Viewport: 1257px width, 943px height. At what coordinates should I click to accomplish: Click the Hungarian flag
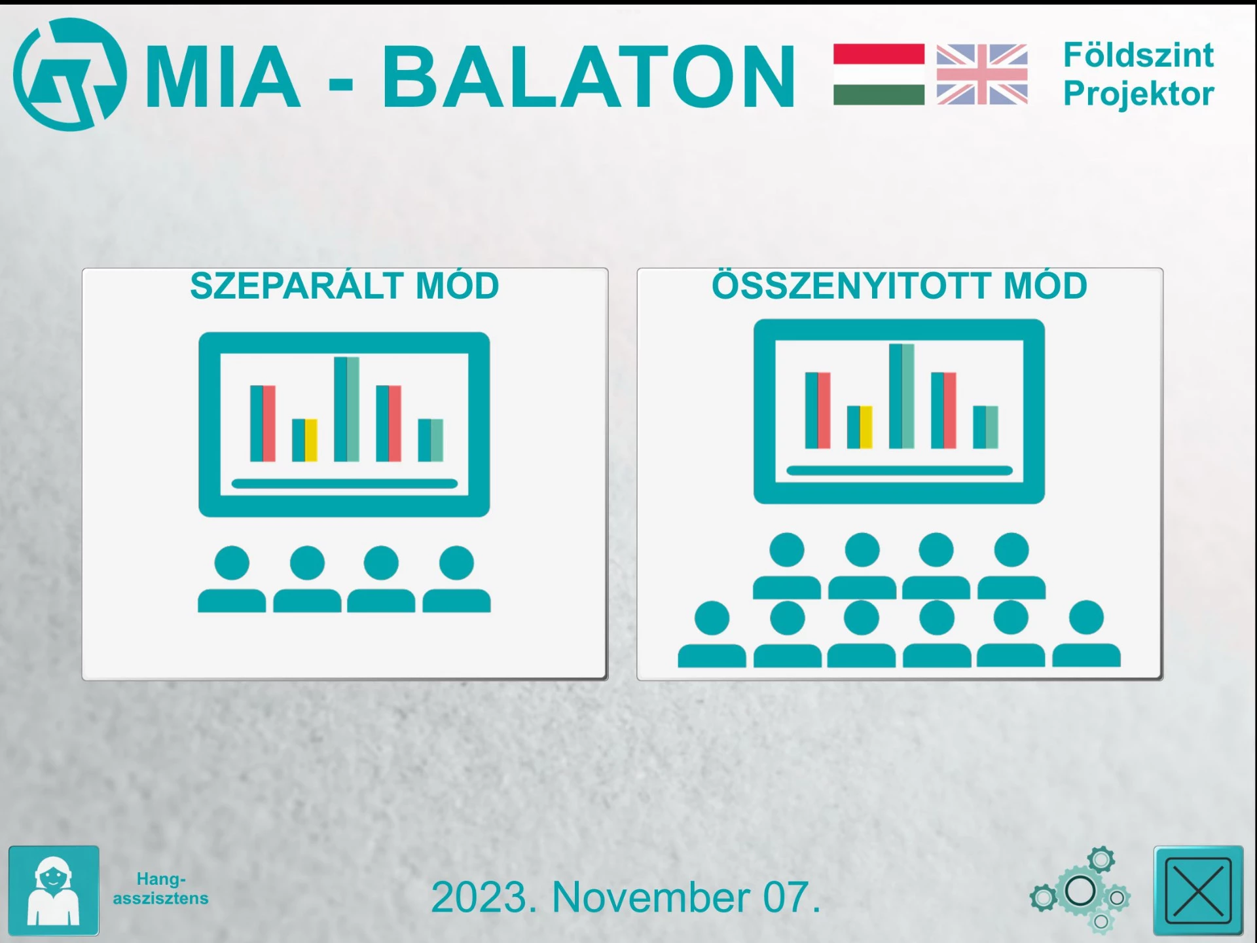pos(879,75)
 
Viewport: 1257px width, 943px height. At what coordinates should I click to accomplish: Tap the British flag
pos(982,75)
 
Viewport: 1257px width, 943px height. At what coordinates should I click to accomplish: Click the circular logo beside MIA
pos(70,74)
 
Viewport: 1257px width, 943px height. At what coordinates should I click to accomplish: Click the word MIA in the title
pos(223,76)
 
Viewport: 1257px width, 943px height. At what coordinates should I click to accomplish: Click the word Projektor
pos(1139,94)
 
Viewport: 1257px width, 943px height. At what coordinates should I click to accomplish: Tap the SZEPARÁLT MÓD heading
pos(344,286)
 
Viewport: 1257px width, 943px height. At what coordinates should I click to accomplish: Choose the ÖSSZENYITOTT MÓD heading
pos(900,286)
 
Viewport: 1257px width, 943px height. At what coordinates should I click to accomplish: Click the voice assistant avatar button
pos(54,891)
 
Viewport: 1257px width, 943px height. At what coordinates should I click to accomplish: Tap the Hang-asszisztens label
pos(161,889)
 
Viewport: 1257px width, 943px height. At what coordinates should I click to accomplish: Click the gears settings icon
pos(1080,889)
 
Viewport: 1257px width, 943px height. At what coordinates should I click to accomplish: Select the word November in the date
pos(651,897)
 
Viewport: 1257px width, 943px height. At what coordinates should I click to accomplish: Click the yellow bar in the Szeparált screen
pos(311,440)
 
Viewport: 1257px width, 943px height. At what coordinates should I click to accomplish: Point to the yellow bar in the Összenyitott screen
pos(866,427)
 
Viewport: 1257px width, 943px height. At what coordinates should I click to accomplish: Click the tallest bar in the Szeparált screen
pos(346,409)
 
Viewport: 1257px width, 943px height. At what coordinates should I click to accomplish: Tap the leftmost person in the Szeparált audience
pos(232,580)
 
